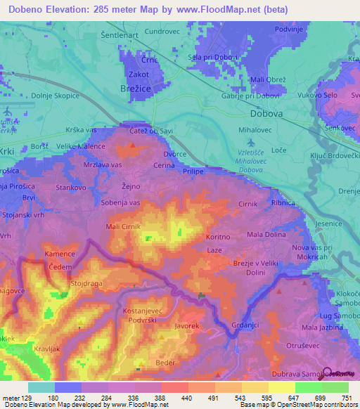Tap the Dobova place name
(266, 112)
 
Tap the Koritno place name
(218, 238)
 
